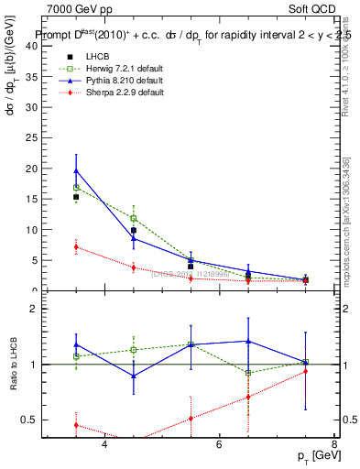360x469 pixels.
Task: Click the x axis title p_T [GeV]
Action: (x=314, y=456)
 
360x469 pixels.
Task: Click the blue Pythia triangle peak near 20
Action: (x=76, y=170)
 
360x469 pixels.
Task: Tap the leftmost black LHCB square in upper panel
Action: (x=76, y=197)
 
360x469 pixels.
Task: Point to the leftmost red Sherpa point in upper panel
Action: (x=76, y=246)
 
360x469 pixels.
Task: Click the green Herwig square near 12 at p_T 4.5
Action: (x=134, y=218)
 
